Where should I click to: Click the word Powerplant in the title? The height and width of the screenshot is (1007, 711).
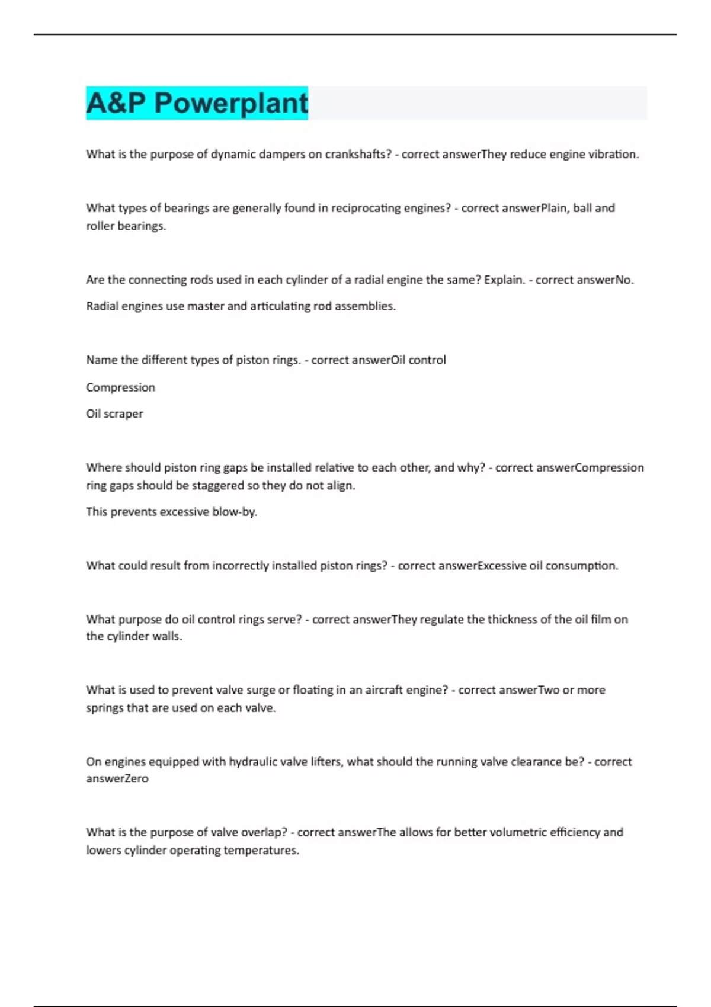(231, 103)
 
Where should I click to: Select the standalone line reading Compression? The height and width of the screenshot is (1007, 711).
(120, 387)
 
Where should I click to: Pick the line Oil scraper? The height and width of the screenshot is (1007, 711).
(114, 414)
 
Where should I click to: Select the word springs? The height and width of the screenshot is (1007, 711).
(105, 708)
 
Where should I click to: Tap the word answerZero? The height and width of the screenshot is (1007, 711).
(117, 779)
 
